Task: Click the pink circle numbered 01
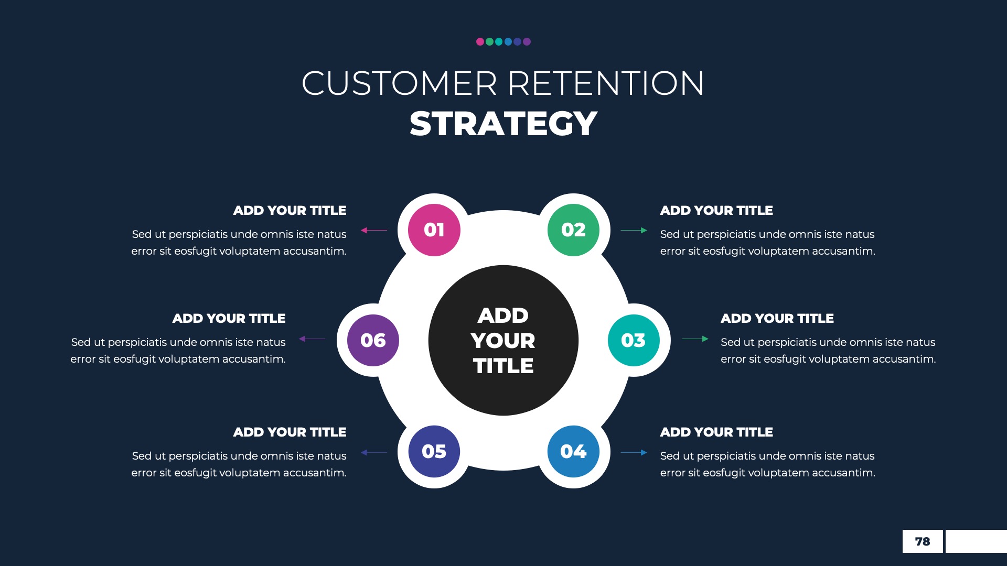click(434, 230)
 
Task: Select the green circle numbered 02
click(573, 230)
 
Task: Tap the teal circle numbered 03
click(634, 340)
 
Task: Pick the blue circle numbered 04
click(573, 451)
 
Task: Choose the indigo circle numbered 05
click(434, 451)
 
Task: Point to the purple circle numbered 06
click(373, 340)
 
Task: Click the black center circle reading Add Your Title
click(503, 340)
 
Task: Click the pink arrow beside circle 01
click(374, 230)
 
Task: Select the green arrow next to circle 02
click(634, 230)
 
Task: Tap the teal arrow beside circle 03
click(695, 339)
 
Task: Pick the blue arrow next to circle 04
click(634, 452)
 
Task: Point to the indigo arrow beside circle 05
click(374, 452)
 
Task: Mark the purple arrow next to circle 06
click(312, 339)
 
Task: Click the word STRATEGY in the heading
click(503, 124)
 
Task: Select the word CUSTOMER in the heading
click(399, 83)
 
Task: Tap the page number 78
click(922, 541)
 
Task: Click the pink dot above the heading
click(480, 42)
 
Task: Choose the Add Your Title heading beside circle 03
click(777, 318)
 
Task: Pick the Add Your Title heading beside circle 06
click(229, 318)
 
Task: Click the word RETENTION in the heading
click(606, 83)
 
